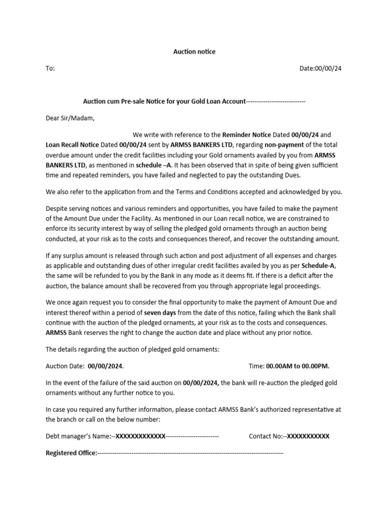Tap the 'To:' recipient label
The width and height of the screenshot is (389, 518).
tap(50, 68)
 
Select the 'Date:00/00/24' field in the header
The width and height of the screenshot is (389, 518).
tap(321, 68)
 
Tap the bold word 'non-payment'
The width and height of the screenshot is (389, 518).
tap(283, 145)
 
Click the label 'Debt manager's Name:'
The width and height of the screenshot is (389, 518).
tap(79, 436)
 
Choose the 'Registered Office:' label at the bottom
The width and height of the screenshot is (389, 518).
tap(71, 453)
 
